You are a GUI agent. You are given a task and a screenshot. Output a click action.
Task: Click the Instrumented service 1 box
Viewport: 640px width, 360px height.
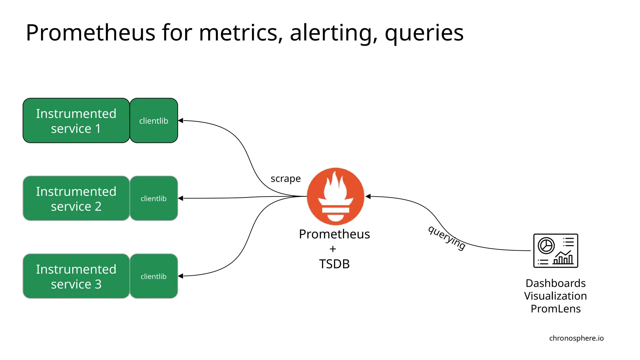[x=76, y=121]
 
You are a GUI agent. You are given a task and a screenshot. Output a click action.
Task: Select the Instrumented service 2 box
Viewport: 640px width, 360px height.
[x=76, y=198]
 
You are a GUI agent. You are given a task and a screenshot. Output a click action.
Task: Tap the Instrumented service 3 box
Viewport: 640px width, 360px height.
[x=76, y=276]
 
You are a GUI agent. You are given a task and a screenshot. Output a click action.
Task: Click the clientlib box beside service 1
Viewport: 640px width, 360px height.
[x=154, y=121]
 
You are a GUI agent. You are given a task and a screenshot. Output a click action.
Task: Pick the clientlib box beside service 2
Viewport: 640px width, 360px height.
[x=154, y=198]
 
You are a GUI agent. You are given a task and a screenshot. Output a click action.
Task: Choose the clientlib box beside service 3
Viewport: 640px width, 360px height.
[x=154, y=276]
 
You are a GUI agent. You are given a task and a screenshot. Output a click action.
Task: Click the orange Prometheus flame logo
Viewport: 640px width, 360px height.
[x=335, y=196]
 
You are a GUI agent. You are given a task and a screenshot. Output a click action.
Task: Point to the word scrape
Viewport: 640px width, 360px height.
[x=285, y=179]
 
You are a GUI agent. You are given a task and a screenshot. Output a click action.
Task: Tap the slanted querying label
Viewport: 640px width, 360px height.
[x=447, y=238]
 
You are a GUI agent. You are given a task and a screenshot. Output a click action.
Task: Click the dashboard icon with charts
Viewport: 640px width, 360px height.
[x=555, y=251]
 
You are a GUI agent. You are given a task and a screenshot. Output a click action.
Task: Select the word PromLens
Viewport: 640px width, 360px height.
[x=555, y=309]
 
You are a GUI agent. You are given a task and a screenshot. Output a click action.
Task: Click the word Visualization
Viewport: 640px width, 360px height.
[x=555, y=296]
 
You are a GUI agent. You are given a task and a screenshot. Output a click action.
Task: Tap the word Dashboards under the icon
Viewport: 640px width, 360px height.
[x=555, y=283]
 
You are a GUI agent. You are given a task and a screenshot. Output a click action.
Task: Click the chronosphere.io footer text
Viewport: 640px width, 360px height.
[x=576, y=338]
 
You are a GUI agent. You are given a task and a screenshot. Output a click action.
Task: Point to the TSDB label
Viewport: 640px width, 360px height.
[x=334, y=264]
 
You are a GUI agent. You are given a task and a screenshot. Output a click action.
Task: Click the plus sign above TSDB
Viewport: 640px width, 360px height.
[x=333, y=249]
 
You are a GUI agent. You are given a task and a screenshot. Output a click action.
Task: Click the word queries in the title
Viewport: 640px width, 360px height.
[x=424, y=33]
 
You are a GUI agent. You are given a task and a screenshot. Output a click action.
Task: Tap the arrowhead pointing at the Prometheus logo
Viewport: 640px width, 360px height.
[x=368, y=197]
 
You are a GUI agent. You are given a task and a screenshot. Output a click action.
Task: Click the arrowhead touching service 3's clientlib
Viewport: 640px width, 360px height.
[x=180, y=276]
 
